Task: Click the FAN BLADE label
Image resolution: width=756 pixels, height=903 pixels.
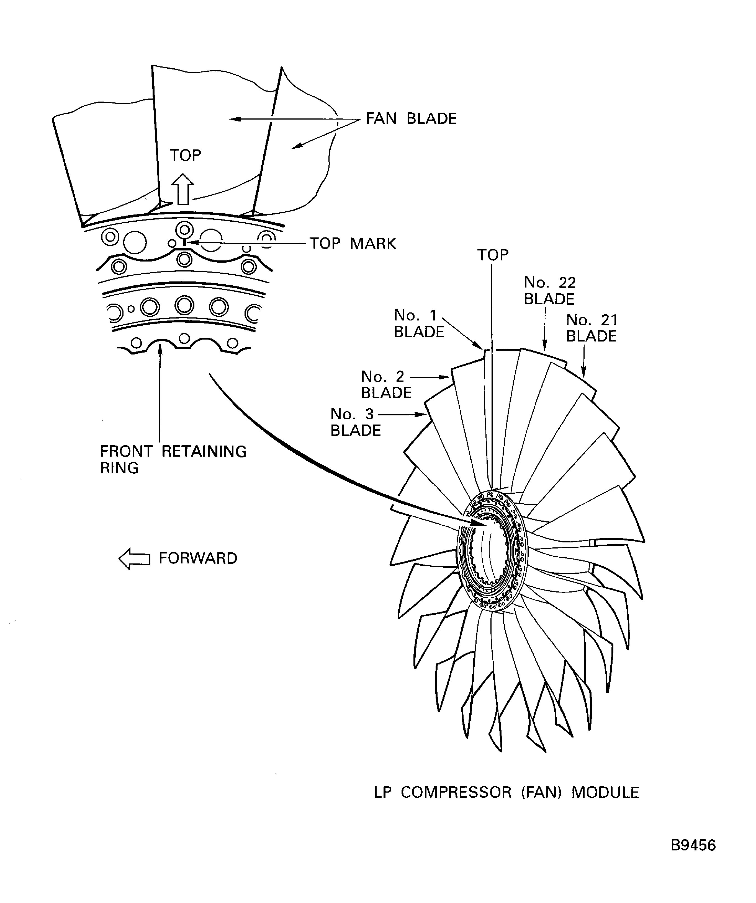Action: click(411, 119)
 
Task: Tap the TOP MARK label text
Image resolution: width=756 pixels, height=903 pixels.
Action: click(353, 244)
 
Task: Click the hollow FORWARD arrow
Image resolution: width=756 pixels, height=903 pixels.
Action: click(134, 558)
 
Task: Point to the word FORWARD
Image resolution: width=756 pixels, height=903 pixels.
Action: click(198, 558)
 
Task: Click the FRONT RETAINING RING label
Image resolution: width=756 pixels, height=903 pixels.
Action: click(173, 459)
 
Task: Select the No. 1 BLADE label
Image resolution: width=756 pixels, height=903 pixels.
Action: click(418, 323)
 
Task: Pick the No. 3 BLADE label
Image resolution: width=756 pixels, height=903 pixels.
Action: click(355, 422)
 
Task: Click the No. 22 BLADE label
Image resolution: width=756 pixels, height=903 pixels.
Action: click(549, 290)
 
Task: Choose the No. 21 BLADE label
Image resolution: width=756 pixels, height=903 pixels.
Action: click(591, 328)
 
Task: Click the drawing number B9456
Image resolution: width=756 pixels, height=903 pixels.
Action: click(693, 845)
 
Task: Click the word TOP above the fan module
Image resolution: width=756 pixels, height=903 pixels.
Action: click(493, 255)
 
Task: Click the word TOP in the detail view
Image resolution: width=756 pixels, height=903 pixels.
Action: click(185, 155)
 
